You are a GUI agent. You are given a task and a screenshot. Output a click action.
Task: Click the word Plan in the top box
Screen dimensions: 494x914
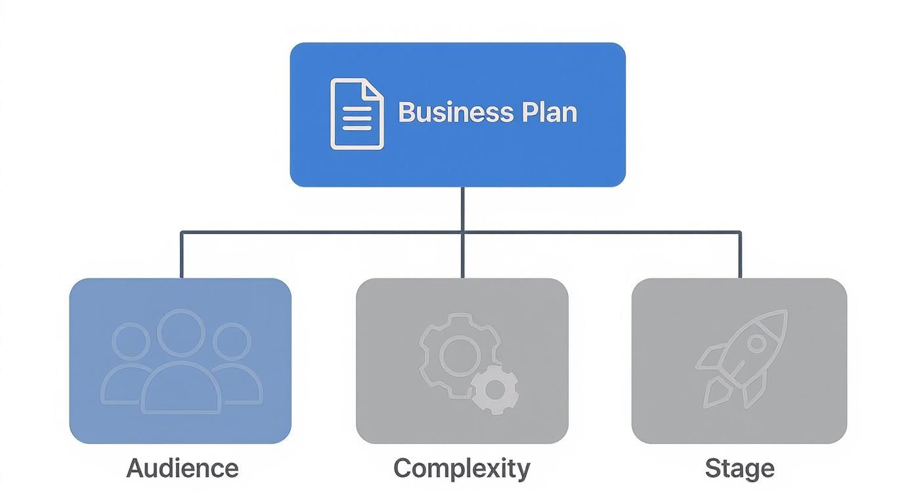[x=550, y=112]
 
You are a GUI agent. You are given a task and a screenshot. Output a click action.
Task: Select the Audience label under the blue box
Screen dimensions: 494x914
[x=182, y=468]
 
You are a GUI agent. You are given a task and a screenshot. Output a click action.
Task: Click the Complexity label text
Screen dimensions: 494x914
[x=462, y=469]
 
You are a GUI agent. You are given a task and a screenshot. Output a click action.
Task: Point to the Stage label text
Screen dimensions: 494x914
[x=739, y=469]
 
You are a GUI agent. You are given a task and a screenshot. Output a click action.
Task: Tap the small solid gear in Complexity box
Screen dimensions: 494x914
[x=494, y=391]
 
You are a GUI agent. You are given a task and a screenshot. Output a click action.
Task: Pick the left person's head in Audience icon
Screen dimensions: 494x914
[x=131, y=340]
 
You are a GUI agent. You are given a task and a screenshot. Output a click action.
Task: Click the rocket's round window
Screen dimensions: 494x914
[x=756, y=343]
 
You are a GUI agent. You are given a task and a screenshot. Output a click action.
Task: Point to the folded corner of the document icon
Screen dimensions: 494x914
[x=373, y=89]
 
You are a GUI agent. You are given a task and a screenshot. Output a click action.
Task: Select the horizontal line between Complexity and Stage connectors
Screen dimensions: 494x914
[x=601, y=232]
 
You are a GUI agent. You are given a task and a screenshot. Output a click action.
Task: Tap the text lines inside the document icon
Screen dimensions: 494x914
[x=357, y=119]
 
